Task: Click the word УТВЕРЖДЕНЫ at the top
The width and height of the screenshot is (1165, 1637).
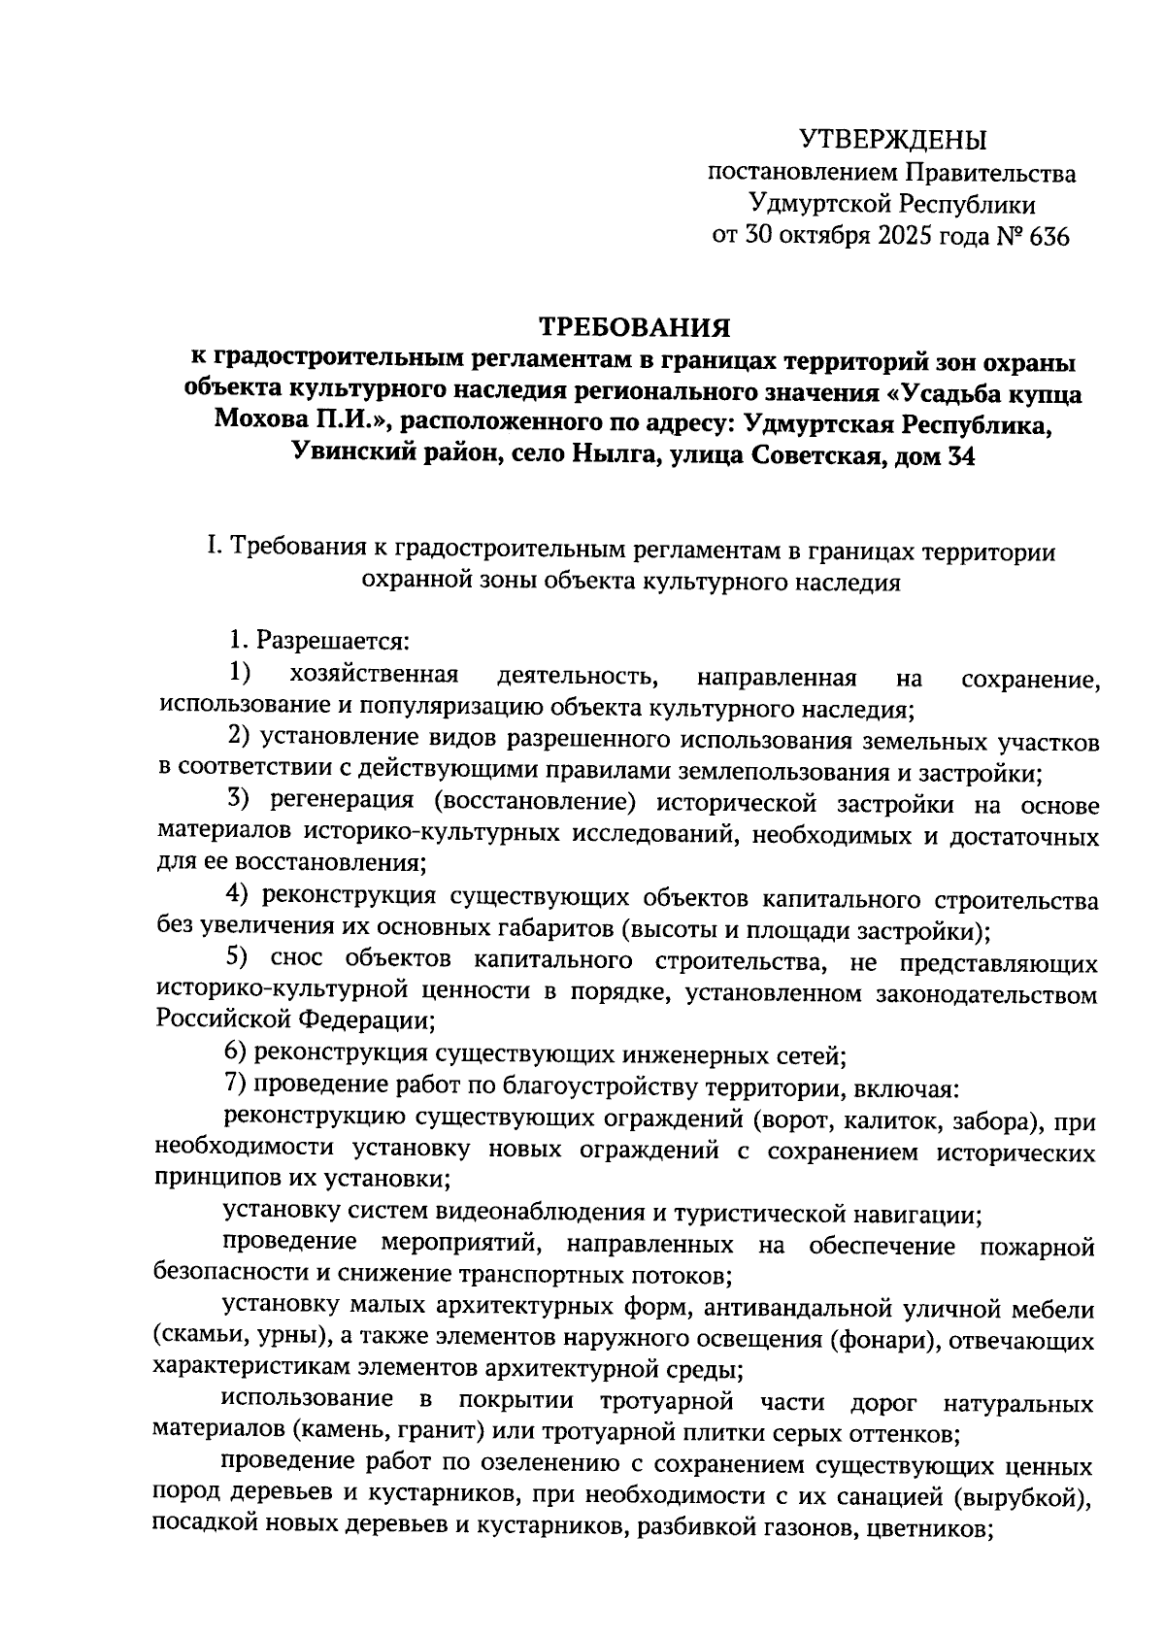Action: [x=892, y=141]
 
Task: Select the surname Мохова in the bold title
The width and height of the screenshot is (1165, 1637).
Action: [x=261, y=424]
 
